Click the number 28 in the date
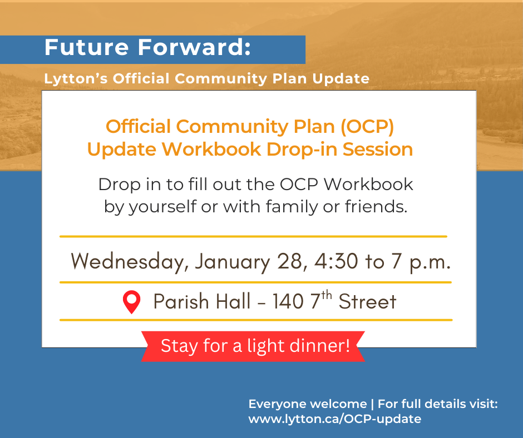pos(289,261)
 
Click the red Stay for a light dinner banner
pos(254,346)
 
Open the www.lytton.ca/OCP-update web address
pos(334,419)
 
